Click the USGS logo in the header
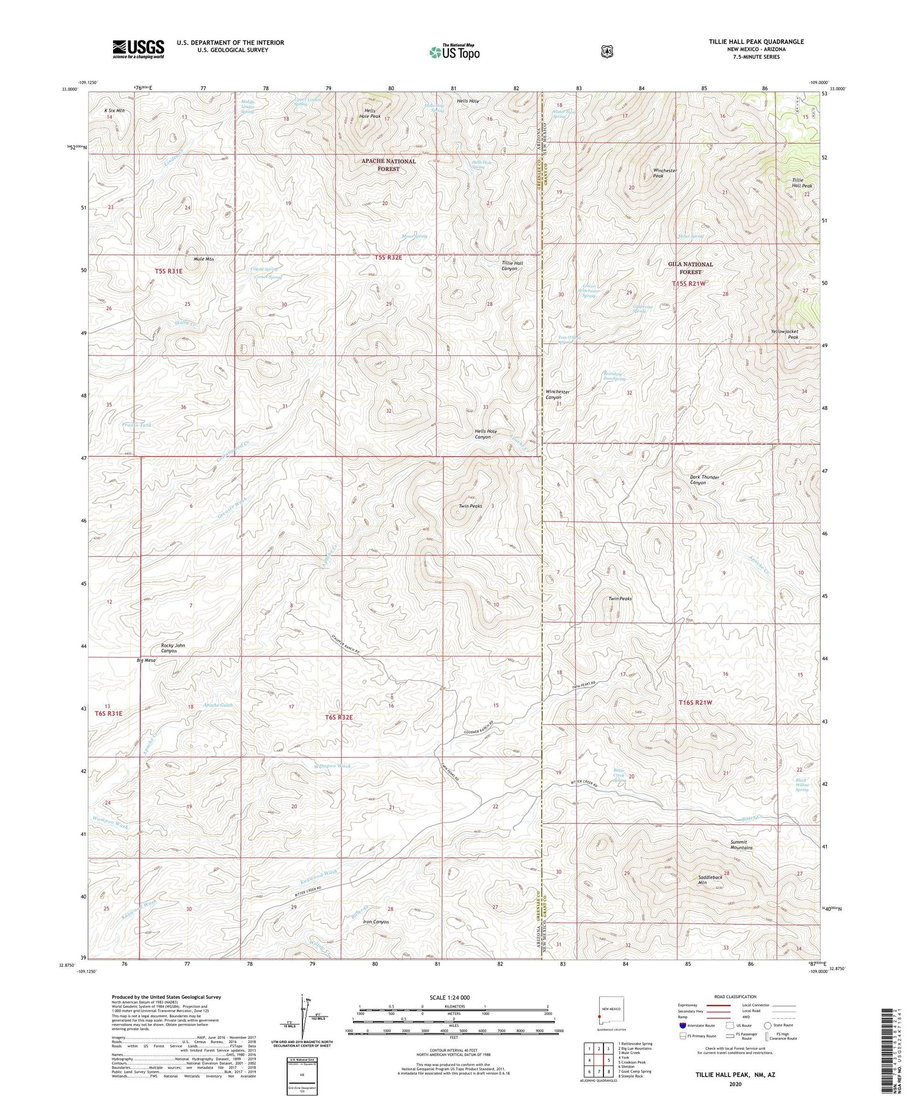coord(138,49)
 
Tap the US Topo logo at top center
coord(454,51)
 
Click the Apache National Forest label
coord(388,165)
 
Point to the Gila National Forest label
coord(690,268)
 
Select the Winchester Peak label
coord(665,173)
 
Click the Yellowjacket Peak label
coord(785,334)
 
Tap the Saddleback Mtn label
coord(710,880)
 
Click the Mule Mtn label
coord(204,259)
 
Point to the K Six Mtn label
coord(114,111)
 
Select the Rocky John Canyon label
coord(172,648)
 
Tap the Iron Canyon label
coord(376,921)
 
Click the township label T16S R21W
coord(696,702)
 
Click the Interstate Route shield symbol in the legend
coord(683,1025)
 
